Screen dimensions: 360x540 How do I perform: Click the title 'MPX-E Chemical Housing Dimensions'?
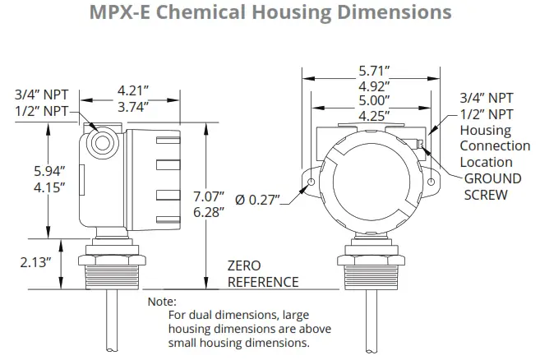[270, 13]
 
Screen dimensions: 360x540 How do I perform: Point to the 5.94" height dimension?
[48, 172]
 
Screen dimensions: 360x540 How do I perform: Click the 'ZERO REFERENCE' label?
[262, 274]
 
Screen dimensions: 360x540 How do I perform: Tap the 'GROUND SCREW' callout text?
[492, 187]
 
